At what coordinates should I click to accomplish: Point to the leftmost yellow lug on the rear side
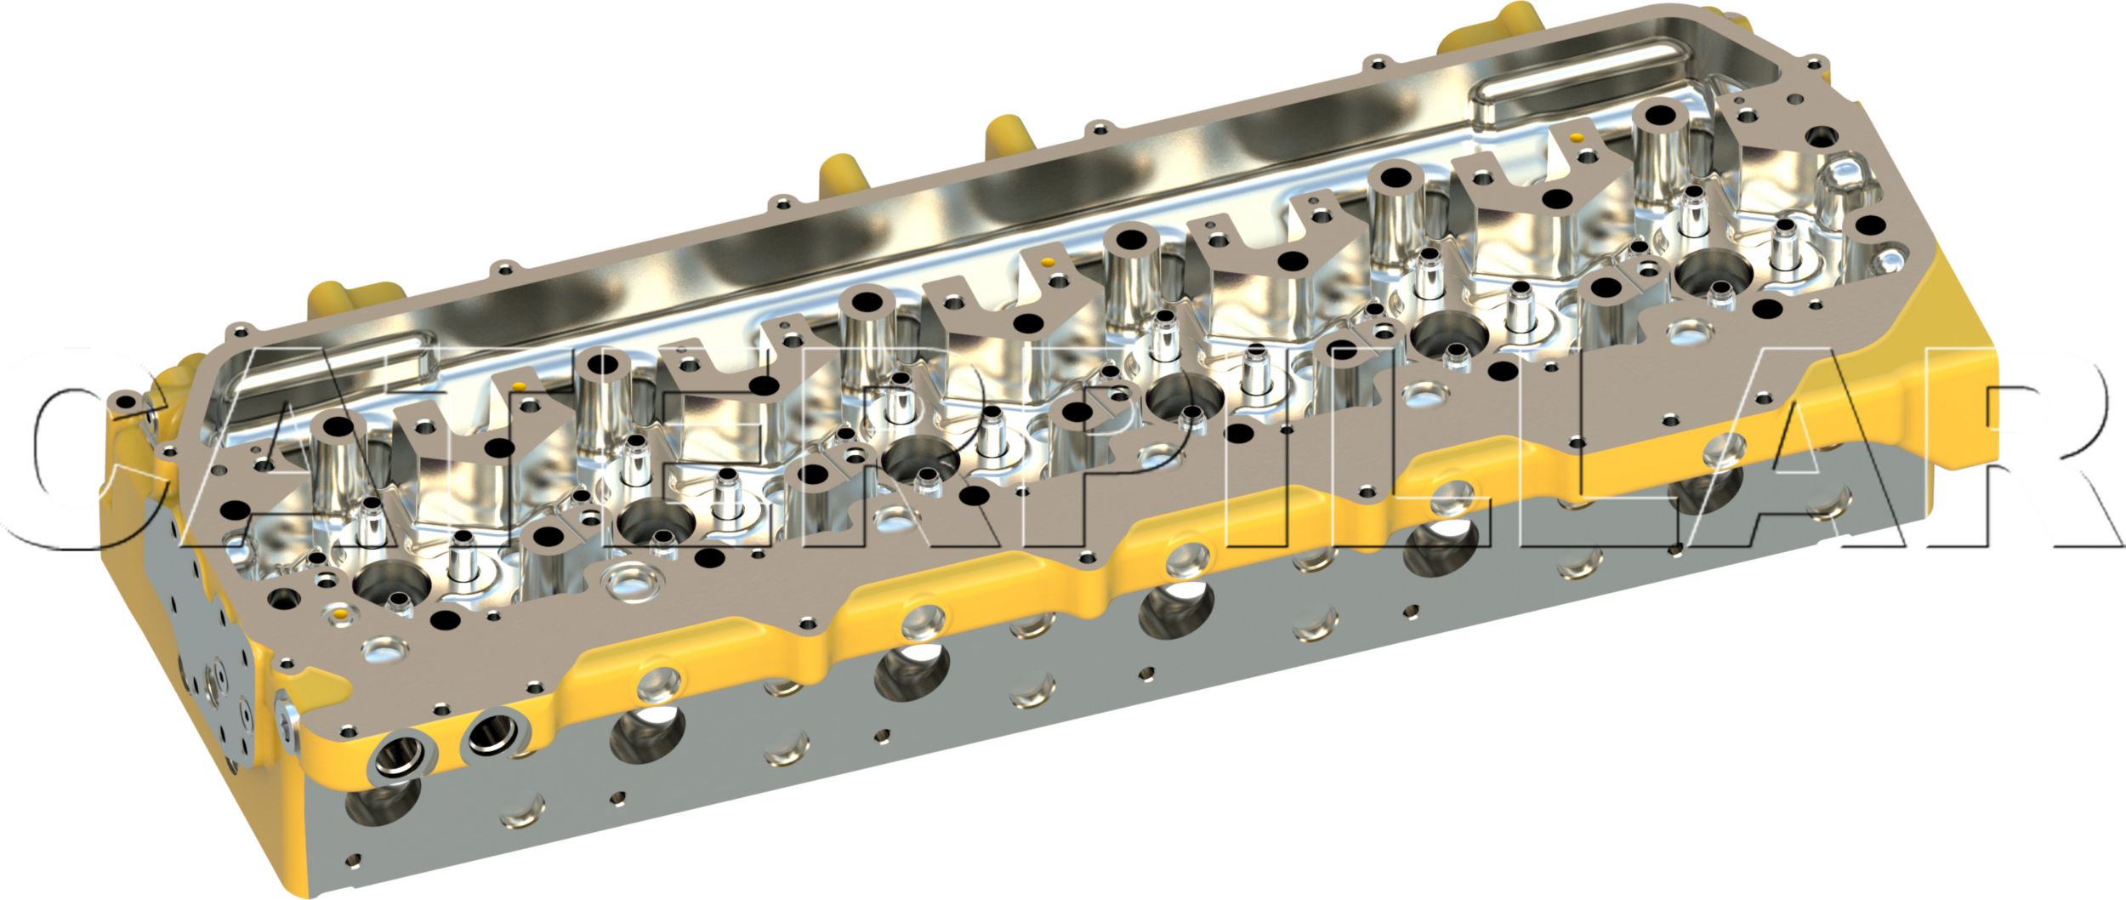[336, 298]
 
